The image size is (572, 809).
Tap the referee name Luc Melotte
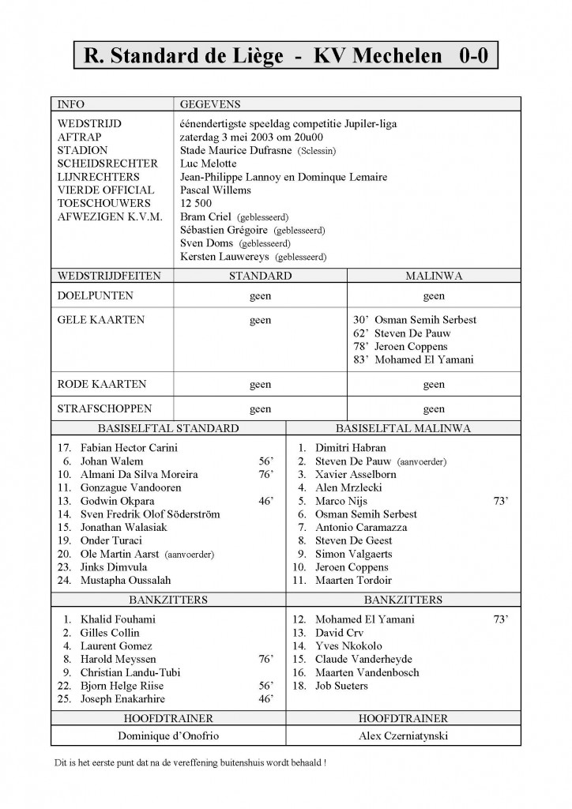coord(208,164)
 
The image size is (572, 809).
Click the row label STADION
coord(83,150)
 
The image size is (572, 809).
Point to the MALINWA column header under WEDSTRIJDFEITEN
coord(434,276)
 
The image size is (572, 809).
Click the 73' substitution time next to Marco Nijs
coord(501,501)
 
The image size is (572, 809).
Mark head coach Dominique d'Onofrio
coord(167,736)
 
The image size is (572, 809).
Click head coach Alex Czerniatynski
coord(403,736)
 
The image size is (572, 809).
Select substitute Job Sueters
coord(341,686)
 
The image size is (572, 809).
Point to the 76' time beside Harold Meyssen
coord(265,659)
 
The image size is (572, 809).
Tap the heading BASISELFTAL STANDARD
coord(167,428)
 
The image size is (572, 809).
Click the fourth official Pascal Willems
coord(215,190)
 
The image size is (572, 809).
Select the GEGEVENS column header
coord(210,103)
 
